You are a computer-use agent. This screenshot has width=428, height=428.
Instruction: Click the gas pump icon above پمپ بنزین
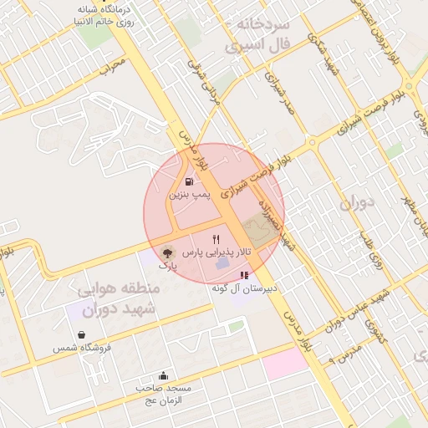[190, 181]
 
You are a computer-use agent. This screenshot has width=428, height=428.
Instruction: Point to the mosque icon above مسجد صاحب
[162, 376]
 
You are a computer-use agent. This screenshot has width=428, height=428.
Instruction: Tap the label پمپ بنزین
[189, 195]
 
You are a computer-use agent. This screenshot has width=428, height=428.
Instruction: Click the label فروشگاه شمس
[76, 348]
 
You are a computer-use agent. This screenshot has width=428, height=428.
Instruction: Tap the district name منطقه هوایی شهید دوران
[117, 299]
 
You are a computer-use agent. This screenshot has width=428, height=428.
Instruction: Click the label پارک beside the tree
[168, 265]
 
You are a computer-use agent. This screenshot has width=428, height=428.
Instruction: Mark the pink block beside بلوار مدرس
[286, 362]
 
